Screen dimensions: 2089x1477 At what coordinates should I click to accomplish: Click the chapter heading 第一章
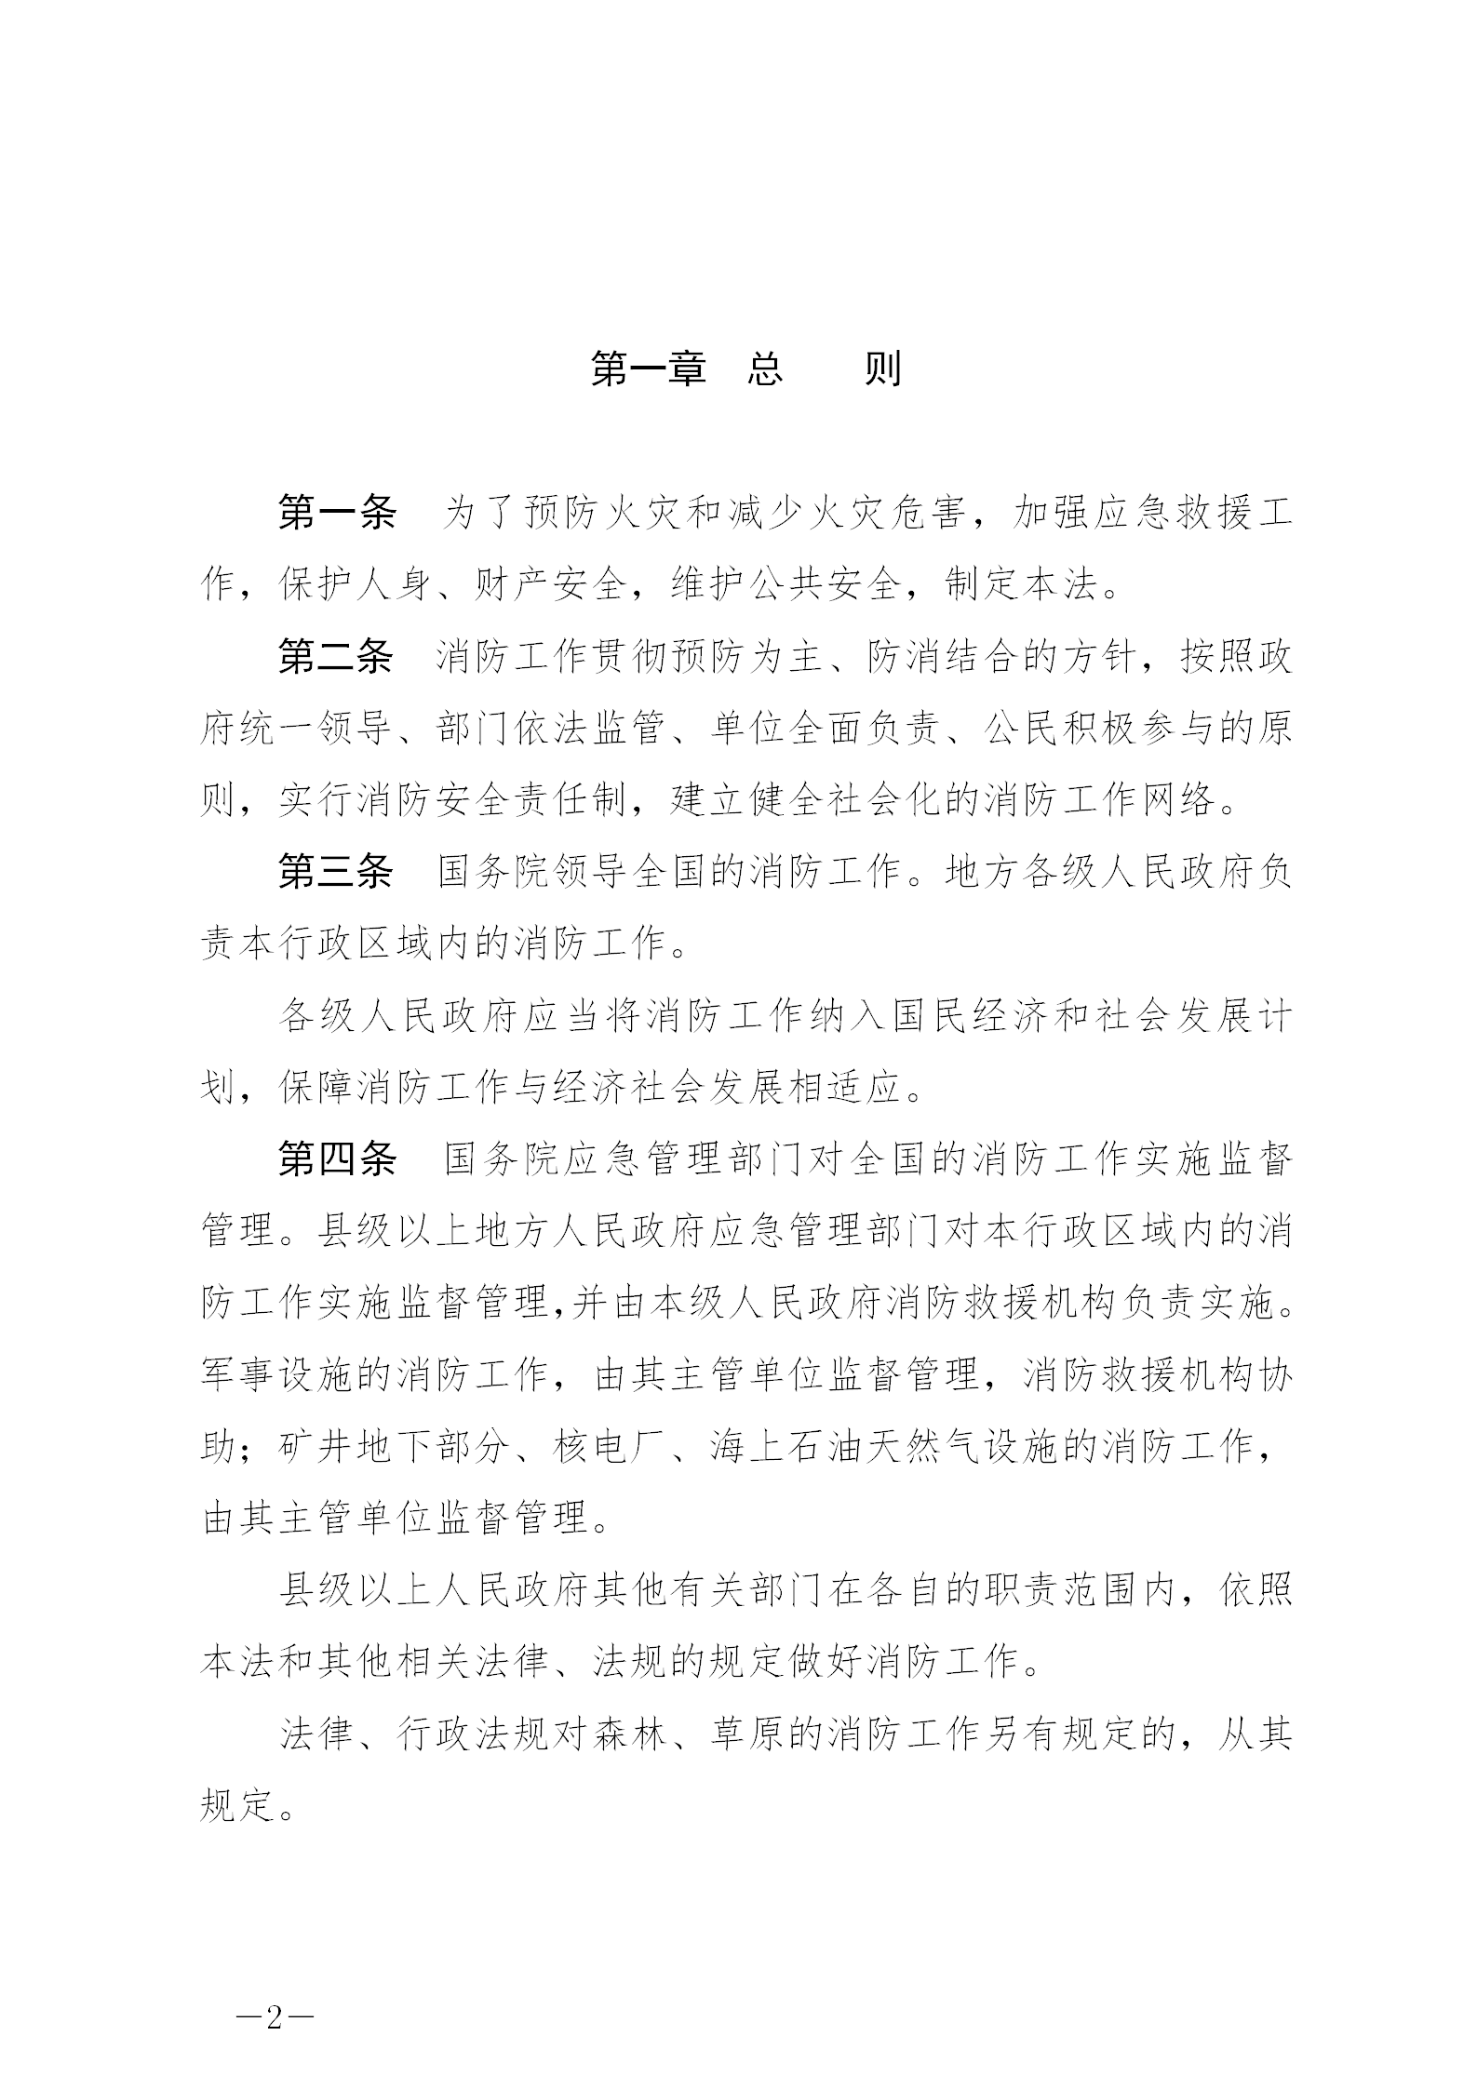648,369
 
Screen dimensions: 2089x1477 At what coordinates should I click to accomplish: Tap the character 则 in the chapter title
882,369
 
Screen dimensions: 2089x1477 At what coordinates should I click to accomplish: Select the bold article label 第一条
337,513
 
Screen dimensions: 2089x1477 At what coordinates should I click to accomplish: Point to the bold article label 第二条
337,657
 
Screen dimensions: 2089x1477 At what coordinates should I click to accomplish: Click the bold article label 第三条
337,872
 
